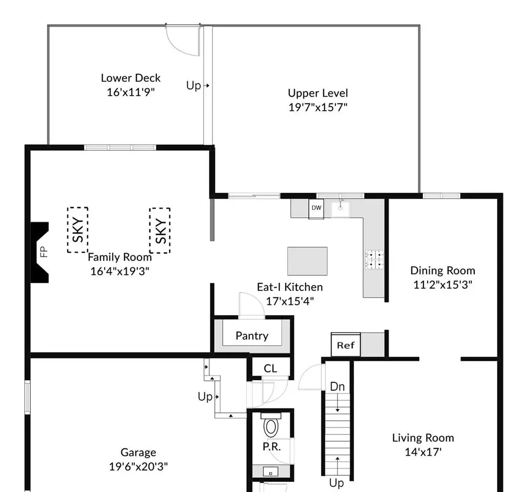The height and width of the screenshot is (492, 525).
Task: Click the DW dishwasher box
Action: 316,209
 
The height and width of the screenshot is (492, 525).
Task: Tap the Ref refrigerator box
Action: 346,345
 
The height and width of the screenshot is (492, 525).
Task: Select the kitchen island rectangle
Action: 308,261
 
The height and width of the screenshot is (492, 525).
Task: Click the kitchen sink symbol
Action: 340,209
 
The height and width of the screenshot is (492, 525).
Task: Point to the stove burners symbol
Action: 375,260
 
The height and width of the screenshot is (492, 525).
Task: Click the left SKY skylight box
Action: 78,230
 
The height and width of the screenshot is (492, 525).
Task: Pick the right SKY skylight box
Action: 160,231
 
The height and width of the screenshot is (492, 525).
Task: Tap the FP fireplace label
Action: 44,252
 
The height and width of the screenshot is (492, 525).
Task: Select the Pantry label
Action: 252,336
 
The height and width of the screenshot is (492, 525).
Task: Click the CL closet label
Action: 270,368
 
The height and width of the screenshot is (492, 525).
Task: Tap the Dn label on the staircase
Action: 337,386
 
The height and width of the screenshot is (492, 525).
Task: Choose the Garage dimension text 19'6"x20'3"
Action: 138,466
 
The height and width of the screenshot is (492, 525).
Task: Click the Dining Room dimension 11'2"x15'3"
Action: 442,284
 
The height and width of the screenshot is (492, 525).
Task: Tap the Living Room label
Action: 423,438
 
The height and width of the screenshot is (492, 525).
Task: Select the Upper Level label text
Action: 318,93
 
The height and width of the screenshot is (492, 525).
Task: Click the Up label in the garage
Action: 205,397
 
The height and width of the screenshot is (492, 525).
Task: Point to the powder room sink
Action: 271,472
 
